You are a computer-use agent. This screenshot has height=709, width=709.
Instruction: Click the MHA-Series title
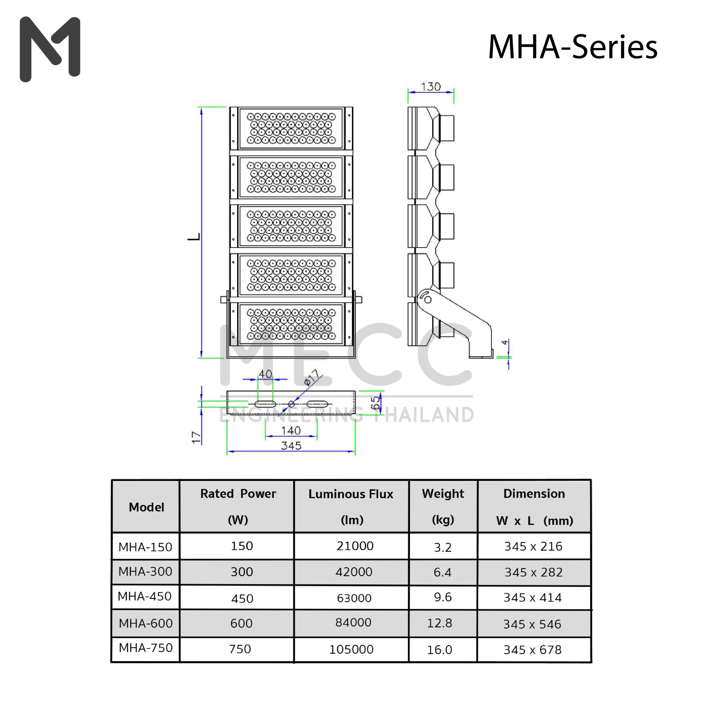pyautogui.click(x=572, y=47)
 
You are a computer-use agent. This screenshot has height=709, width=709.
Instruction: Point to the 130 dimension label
pyautogui.click(x=431, y=87)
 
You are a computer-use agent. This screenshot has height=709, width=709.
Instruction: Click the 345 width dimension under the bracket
pyautogui.click(x=291, y=446)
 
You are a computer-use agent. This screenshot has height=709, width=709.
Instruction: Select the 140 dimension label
pyautogui.click(x=291, y=430)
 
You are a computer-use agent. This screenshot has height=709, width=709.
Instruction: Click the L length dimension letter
pyautogui.click(x=194, y=237)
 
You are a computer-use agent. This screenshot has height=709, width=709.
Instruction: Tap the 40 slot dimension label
pyautogui.click(x=265, y=374)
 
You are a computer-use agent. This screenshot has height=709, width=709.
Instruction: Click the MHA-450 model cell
pyautogui.click(x=145, y=596)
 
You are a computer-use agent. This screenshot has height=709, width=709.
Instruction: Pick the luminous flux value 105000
pyautogui.click(x=351, y=649)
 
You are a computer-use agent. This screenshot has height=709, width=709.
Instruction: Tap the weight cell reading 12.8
pyautogui.click(x=440, y=623)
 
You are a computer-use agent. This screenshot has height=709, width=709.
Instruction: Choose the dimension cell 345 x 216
pyautogui.click(x=533, y=546)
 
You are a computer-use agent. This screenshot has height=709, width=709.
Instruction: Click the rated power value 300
pyautogui.click(x=242, y=572)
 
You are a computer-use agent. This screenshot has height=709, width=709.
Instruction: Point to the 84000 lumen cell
pyautogui.click(x=353, y=622)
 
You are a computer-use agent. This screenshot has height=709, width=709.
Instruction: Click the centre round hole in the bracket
pyautogui.click(x=291, y=404)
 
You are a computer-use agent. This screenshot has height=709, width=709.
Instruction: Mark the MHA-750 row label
pyautogui.click(x=146, y=648)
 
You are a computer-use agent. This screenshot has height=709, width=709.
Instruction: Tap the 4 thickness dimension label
pyautogui.click(x=505, y=342)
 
